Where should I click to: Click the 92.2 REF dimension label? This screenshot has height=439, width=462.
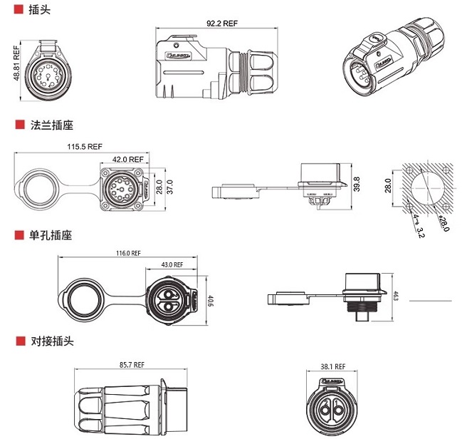(222, 24)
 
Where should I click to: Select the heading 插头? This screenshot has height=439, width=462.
(38, 11)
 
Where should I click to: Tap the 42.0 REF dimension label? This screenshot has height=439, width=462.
(128, 160)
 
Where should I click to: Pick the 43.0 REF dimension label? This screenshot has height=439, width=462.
(172, 265)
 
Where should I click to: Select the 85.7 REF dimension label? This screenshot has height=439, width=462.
(132, 364)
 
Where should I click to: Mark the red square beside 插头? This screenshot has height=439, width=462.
(19, 11)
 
